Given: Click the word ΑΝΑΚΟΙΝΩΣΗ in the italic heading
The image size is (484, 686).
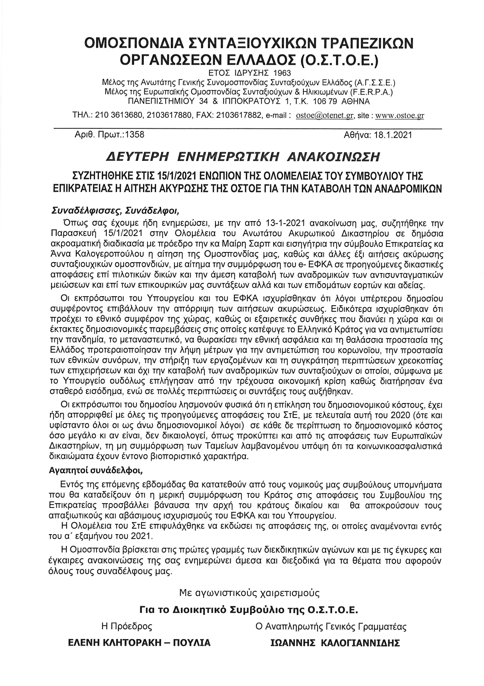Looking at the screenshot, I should (333, 157).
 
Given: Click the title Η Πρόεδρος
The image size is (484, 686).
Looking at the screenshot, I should (127, 626).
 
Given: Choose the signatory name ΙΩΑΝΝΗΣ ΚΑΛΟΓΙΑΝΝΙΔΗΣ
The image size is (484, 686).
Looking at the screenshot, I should (335, 643).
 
